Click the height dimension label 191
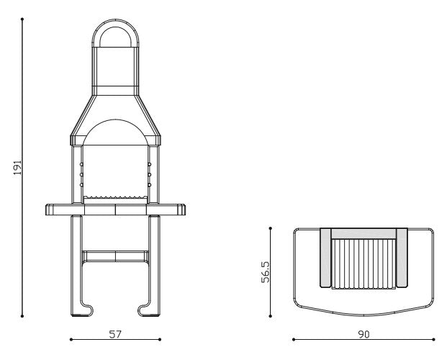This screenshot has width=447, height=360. (x=18, y=167)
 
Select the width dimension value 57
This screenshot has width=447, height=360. (x=115, y=333)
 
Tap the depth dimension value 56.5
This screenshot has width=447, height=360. (x=266, y=272)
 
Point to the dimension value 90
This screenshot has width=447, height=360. (x=364, y=333)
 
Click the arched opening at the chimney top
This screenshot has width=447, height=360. (x=115, y=37)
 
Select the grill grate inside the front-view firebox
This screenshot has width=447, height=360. (x=115, y=197)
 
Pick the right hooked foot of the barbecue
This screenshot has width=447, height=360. (x=148, y=310)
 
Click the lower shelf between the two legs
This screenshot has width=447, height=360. (x=115, y=256)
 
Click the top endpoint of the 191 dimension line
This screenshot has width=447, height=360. (x=23, y=19)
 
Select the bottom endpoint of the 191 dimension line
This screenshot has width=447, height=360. (x=23, y=315)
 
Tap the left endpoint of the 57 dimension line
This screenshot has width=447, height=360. (x=71, y=338)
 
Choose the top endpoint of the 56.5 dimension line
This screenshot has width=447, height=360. (x=271, y=228)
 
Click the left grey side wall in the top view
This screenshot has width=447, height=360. (x=326, y=256)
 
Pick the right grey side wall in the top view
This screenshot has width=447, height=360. (x=402, y=256)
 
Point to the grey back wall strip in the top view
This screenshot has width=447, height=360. (x=364, y=233)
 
